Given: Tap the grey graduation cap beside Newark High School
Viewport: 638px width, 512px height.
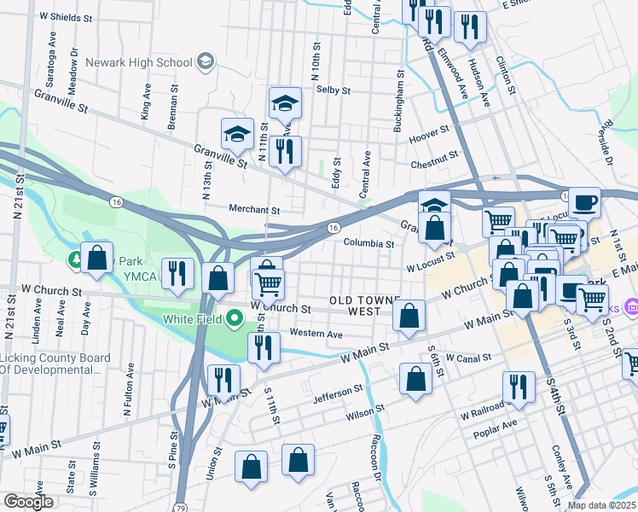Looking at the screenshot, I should [206, 61].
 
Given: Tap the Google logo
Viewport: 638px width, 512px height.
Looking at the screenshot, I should [28, 502].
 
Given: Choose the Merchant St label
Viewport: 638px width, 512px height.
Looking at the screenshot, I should [254, 209].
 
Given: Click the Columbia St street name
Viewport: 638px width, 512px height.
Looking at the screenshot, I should [368, 243].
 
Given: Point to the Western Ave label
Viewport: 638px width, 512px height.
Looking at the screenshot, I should [316, 333].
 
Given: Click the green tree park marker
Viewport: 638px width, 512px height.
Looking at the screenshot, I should [76, 257].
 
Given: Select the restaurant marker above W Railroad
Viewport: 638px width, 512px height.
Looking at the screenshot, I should [518, 384].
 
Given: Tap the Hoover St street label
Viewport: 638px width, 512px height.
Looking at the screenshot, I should [429, 132].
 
